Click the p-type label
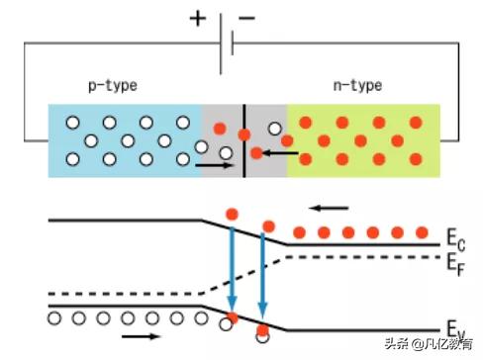click(111, 86)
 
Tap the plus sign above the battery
click(199, 18)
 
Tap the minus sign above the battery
click(248, 18)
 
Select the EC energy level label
click(454, 240)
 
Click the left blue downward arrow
click(231, 267)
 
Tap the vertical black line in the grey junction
click(243, 138)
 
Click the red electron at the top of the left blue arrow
click(231, 215)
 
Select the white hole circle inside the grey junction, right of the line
click(274, 128)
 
